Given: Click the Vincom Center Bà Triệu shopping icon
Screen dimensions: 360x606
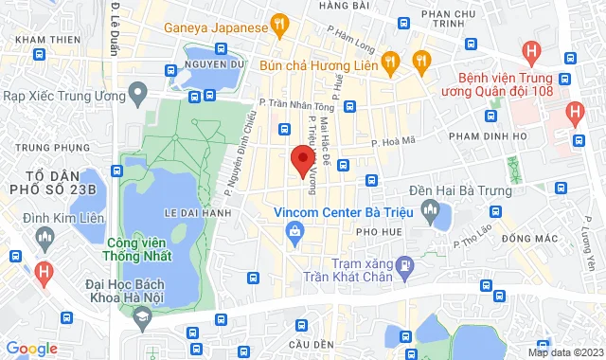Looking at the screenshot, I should pos(296,229).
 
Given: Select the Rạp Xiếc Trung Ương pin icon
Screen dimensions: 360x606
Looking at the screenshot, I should pos(138,94).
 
